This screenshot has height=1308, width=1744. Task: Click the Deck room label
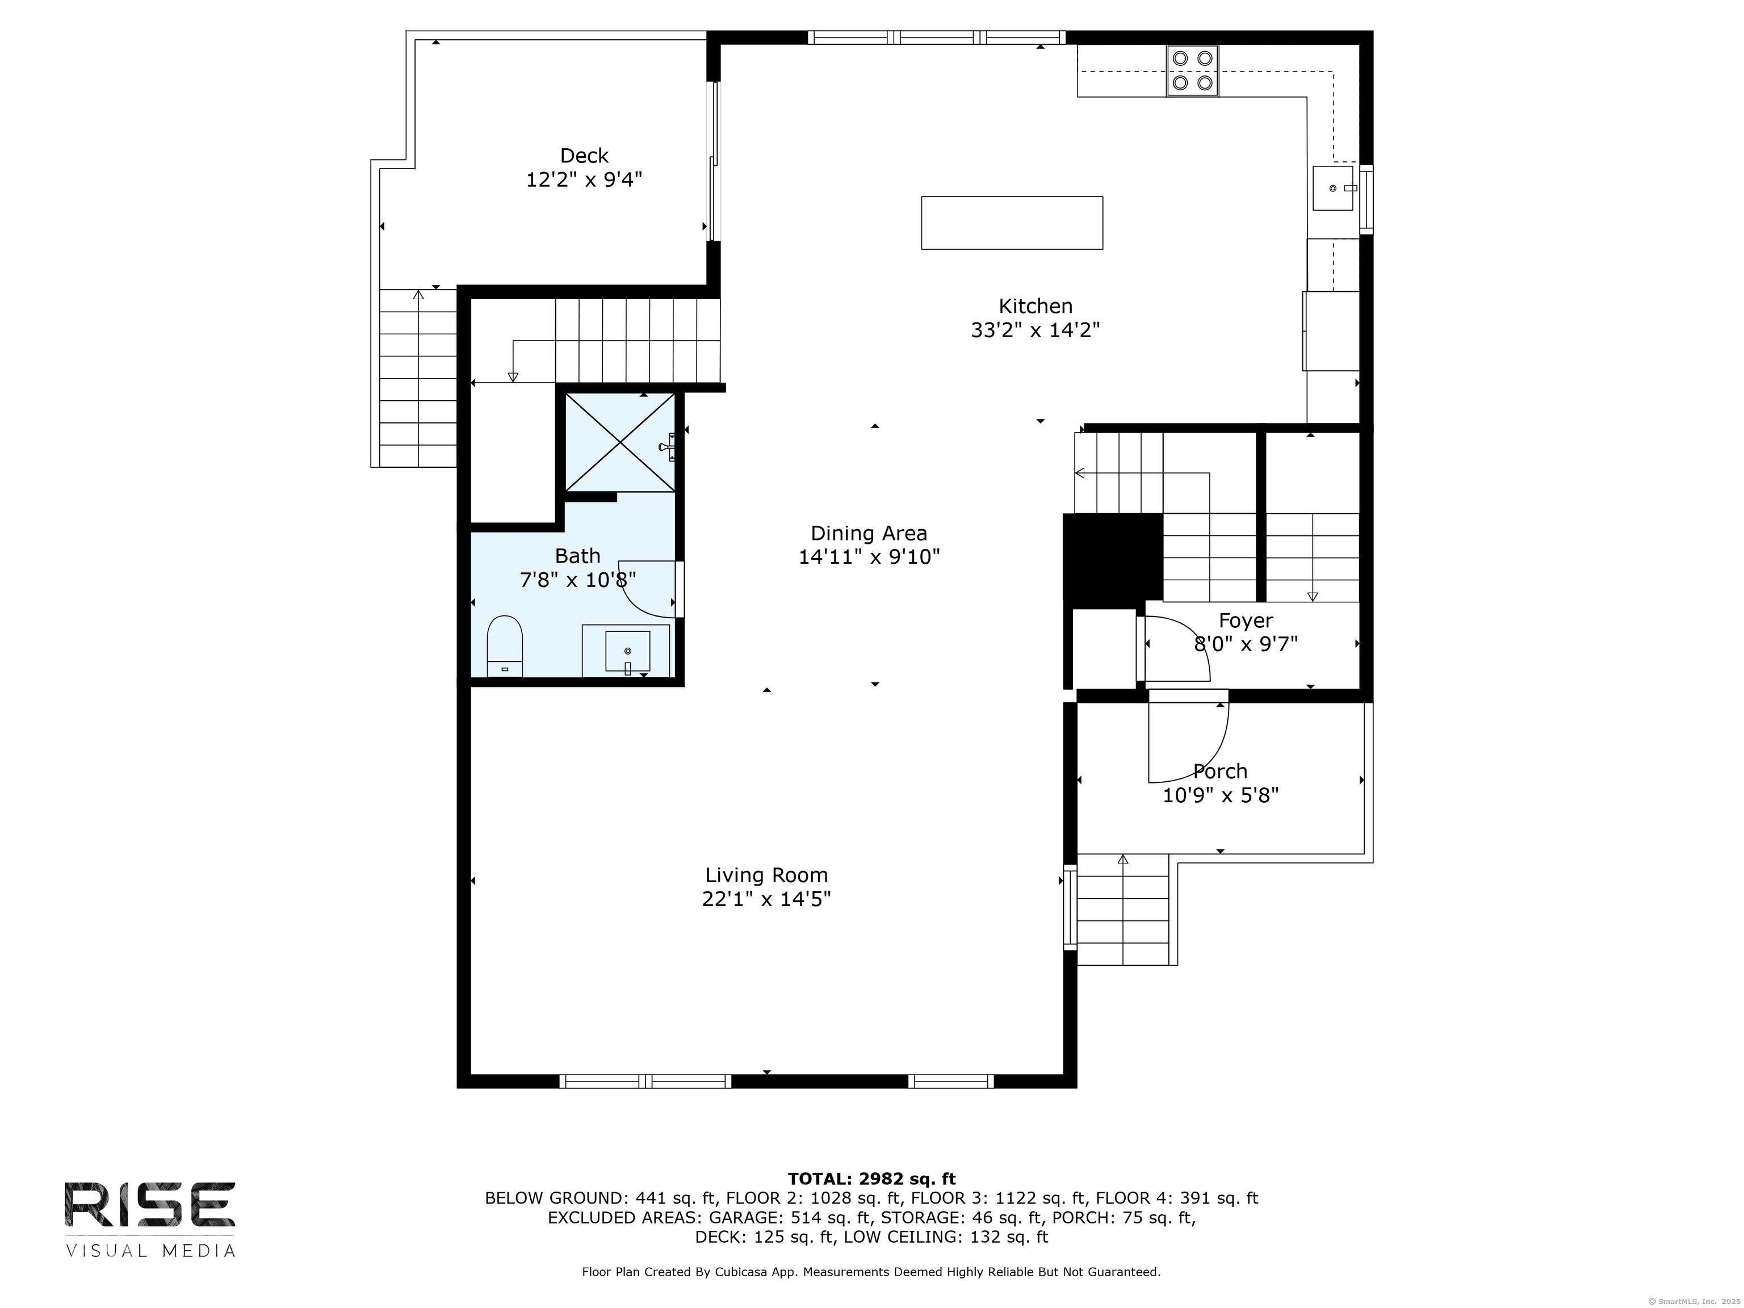pos(584,156)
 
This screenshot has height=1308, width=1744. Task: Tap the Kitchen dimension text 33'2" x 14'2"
pos(1035,330)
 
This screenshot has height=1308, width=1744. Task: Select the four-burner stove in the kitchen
pos(1192,71)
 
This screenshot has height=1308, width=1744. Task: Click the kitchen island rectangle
pos(1012,223)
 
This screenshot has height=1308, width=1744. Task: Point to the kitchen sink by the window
pos(1333,188)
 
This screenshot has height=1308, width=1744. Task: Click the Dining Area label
pos(869,534)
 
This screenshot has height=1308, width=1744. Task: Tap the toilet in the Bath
pos(505,645)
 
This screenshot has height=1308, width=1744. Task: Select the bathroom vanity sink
pos(627,651)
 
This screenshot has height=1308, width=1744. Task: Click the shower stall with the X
pos(621,442)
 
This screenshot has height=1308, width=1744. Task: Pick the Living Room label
pos(766,875)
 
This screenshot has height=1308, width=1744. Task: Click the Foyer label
pos(1246,621)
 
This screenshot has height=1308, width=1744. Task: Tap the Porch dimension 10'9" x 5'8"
pos(1221,795)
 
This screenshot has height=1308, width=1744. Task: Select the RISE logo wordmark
pos(150,1205)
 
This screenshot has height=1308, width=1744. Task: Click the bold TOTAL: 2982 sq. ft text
pos(871,1179)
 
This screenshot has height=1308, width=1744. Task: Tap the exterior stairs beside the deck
pos(418,379)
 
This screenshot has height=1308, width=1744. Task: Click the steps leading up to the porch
pos(1123,910)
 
